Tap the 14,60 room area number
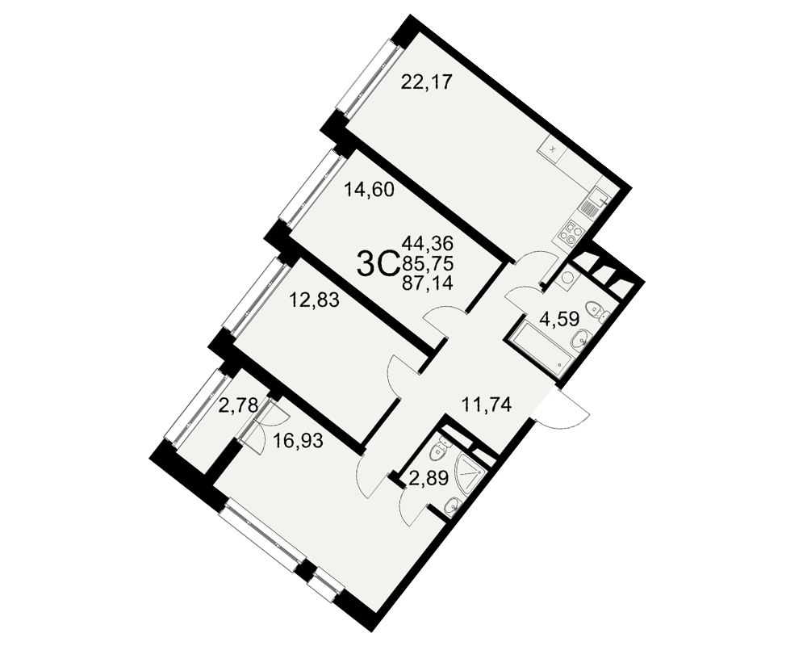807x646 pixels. [x=369, y=191]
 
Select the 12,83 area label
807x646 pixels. [x=314, y=300]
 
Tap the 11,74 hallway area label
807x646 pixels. [x=487, y=405]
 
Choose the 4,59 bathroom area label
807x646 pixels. [x=559, y=318]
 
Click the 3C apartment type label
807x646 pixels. [x=378, y=263]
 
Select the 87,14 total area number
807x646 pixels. [x=428, y=283]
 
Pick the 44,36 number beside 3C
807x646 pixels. [x=428, y=241]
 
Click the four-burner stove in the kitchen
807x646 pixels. [x=568, y=232]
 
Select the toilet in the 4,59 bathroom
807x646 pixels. [x=599, y=310]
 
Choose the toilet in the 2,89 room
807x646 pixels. [x=439, y=450]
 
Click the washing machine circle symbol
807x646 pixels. [x=569, y=278]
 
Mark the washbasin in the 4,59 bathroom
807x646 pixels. [x=583, y=339]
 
